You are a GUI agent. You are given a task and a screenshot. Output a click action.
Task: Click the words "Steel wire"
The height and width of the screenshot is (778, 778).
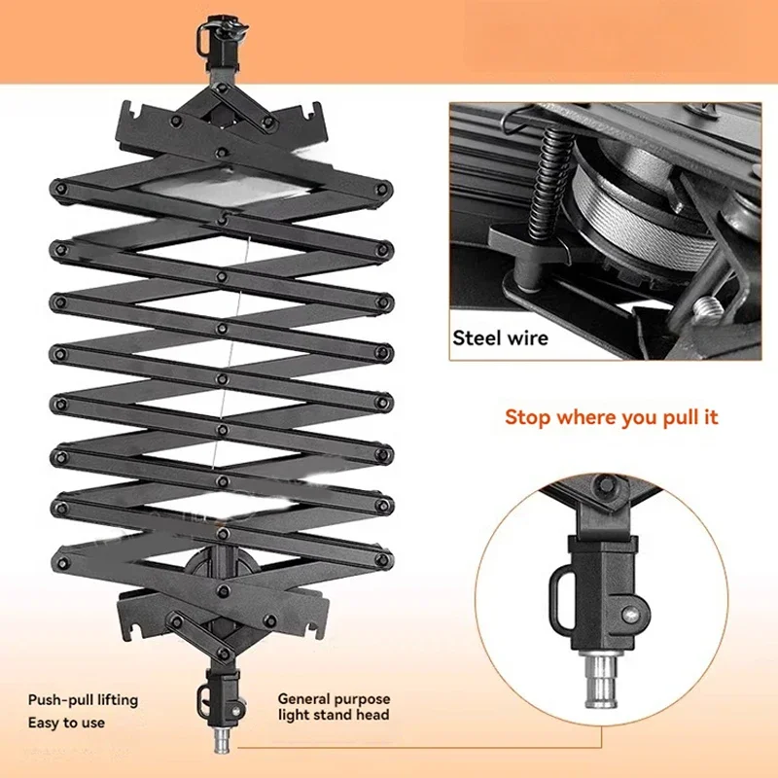pyautogui.click(x=501, y=338)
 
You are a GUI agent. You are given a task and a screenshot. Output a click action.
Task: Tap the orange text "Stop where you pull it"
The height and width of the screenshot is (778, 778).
pyautogui.click(x=611, y=417)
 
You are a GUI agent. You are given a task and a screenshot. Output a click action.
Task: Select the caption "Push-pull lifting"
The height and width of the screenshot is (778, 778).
pyautogui.click(x=83, y=699)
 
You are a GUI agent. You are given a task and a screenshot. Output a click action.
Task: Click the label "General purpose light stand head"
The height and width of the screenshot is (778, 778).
pyautogui.click(x=334, y=707)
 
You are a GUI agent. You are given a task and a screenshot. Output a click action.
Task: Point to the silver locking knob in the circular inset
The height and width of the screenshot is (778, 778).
pyautogui.click(x=633, y=615)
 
